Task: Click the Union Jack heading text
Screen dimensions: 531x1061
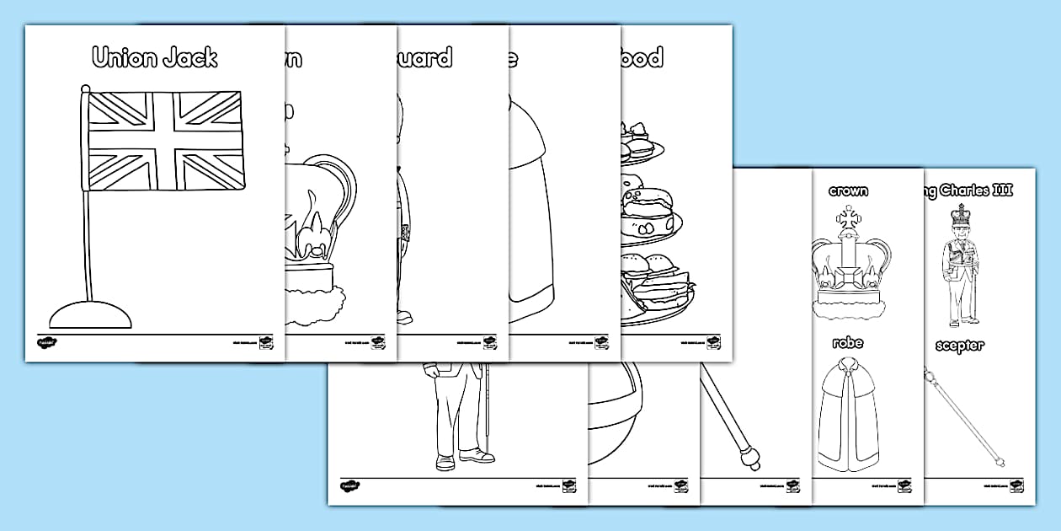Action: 154,57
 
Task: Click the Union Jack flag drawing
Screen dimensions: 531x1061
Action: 167,141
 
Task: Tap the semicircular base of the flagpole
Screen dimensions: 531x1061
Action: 91,314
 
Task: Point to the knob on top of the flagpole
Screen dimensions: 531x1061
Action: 84,88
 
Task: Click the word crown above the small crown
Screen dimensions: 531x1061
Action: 848,191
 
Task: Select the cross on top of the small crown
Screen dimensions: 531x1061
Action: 848,216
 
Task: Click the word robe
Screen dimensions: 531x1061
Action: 848,343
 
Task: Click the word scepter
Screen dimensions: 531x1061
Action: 958,346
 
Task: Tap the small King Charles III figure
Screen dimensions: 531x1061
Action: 961,265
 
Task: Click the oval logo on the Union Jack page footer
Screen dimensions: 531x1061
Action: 45,343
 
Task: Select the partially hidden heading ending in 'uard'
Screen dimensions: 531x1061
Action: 425,57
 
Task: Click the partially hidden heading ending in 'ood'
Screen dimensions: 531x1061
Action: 643,57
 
